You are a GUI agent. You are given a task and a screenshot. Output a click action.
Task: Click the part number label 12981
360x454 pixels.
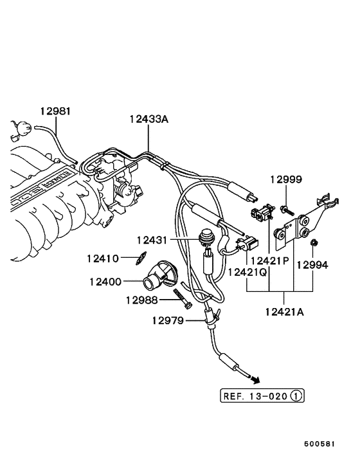point(56,111)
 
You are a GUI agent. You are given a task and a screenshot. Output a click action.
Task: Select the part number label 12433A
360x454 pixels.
point(148,118)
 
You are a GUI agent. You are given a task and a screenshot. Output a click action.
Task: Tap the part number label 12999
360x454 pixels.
point(285,179)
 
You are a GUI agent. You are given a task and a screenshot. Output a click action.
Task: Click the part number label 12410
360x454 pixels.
point(103,259)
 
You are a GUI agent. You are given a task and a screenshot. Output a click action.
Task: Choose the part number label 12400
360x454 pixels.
point(105,281)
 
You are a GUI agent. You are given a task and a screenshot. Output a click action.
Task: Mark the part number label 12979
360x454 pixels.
point(168,320)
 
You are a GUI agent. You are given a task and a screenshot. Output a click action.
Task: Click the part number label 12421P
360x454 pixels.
point(270,260)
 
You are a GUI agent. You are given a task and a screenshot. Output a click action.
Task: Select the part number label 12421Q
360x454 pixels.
point(248,272)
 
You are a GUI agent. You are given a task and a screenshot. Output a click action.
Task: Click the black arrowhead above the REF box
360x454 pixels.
point(256,379)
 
